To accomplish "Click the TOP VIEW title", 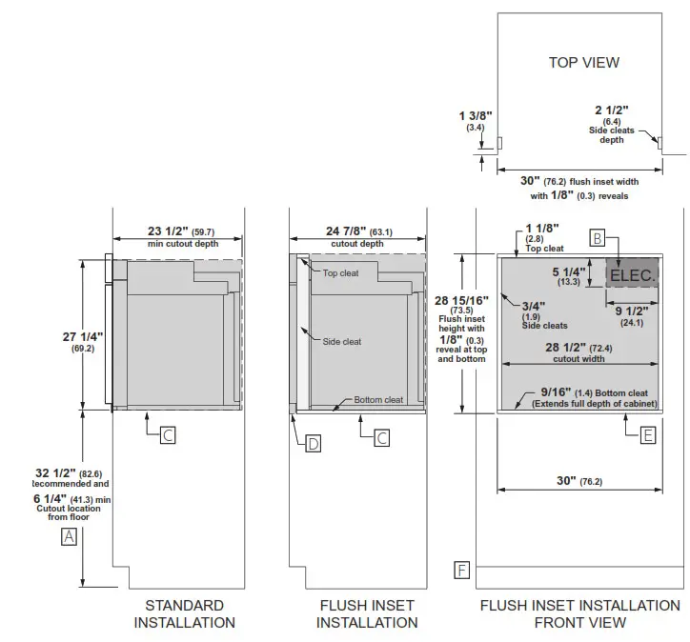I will point(584,62).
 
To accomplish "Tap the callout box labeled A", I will point(68,536).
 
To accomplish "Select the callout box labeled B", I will point(598,239).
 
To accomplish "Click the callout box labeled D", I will point(314,442).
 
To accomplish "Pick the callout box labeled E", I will point(648,435).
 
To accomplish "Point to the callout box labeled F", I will point(461,571).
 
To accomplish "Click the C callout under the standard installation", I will point(167,435).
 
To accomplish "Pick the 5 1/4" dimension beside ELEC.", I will point(570,271).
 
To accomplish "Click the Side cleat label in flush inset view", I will point(342,341).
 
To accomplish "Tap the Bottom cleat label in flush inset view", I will point(378,400).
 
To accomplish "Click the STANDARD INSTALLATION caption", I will point(184,613).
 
